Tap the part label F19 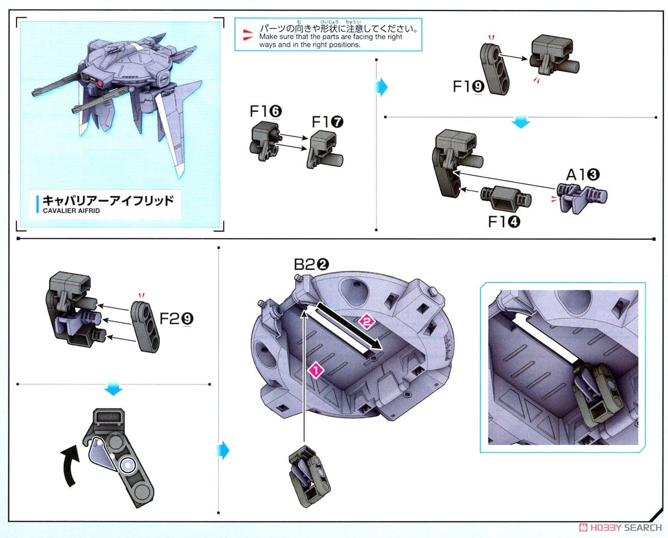(467, 87)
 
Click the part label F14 (504, 221)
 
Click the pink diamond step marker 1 (316, 369)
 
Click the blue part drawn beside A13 (582, 196)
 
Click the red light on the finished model (101, 84)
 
